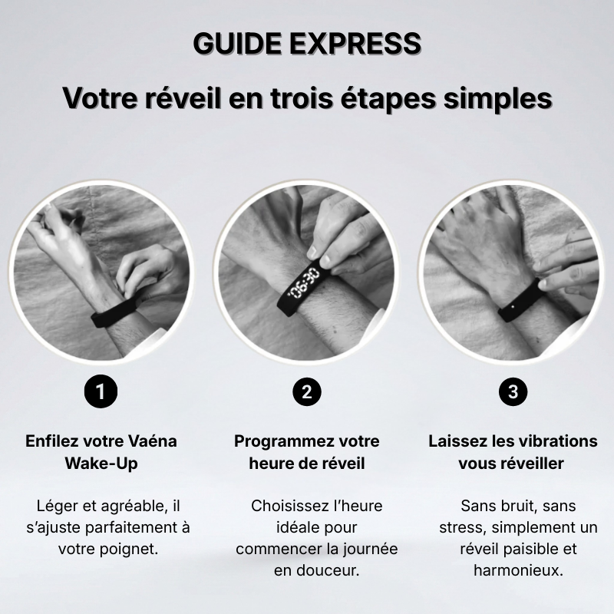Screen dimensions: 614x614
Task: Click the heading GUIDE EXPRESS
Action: click(307, 44)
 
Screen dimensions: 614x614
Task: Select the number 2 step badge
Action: click(307, 392)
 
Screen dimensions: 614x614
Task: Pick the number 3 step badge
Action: click(513, 392)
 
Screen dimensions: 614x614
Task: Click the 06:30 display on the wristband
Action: click(305, 282)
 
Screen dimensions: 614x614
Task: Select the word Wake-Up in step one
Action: click(101, 464)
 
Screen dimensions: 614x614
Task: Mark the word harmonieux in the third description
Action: click(518, 571)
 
